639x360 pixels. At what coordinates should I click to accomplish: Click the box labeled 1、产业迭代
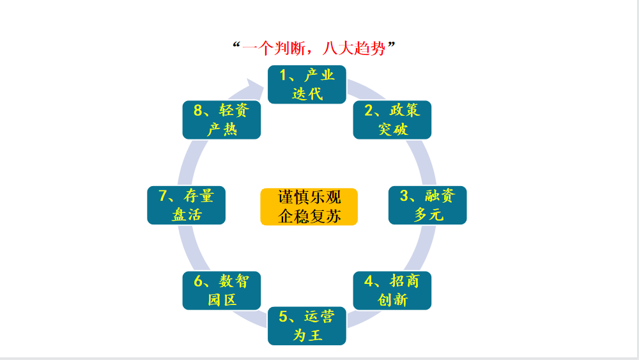307,84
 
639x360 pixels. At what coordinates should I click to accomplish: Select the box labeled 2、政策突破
392,120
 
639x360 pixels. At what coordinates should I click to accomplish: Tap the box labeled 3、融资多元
427,205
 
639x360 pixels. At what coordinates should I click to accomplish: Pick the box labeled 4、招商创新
392,290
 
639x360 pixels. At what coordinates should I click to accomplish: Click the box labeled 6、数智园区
222,290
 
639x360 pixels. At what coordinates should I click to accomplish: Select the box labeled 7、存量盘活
187,205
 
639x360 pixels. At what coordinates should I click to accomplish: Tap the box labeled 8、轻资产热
222,120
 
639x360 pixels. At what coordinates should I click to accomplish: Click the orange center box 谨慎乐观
309,197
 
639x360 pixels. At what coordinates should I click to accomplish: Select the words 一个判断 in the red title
275,48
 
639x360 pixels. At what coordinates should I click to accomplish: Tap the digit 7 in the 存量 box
162,196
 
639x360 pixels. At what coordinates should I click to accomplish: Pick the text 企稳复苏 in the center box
309,215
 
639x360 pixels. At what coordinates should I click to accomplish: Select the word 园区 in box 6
222,300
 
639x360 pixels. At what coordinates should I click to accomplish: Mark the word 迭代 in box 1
307,94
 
